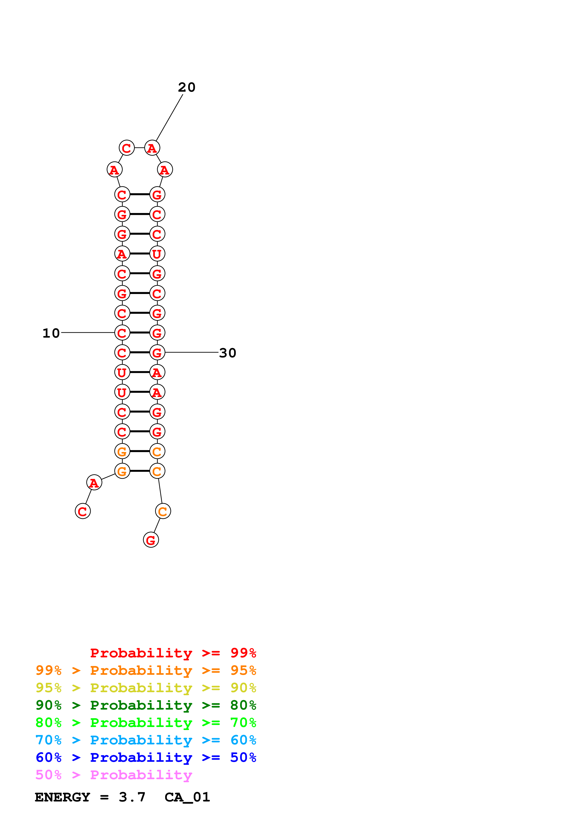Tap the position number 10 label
tap(51, 333)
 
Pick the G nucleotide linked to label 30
tap(157, 352)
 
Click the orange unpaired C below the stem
tap(163, 511)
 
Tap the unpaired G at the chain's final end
tap(151, 540)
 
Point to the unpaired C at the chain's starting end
tap(83, 511)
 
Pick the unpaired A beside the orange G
tap(94, 482)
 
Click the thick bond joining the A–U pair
tap(140, 253)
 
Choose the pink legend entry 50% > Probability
tap(114, 775)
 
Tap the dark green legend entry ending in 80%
tap(146, 705)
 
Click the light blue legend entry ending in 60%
tap(146, 740)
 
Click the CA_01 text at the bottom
tap(187, 797)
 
